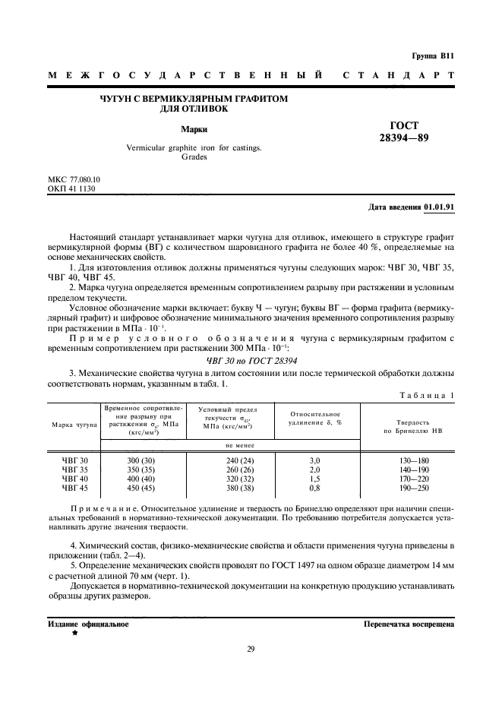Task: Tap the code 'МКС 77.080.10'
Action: click(x=74, y=179)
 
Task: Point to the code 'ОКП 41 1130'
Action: click(x=71, y=188)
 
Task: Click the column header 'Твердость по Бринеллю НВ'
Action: click(x=407, y=425)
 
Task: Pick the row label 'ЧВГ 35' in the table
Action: click(x=75, y=470)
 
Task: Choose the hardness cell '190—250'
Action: click(x=407, y=488)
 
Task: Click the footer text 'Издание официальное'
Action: click(x=88, y=624)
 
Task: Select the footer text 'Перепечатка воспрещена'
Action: click(x=409, y=624)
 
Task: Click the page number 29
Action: click(x=251, y=648)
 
